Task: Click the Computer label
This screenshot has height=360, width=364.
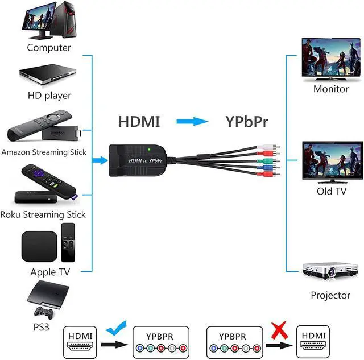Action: (49, 48)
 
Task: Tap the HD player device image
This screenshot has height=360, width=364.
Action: (49, 74)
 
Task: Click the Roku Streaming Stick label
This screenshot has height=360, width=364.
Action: (43, 214)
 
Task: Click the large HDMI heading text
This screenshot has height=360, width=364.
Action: (139, 122)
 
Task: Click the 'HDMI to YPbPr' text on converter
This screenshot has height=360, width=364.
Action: (145, 161)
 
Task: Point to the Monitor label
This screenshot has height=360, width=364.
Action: (331, 89)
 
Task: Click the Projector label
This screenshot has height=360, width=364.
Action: (330, 295)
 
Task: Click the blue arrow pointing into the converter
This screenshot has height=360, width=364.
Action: (99, 161)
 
